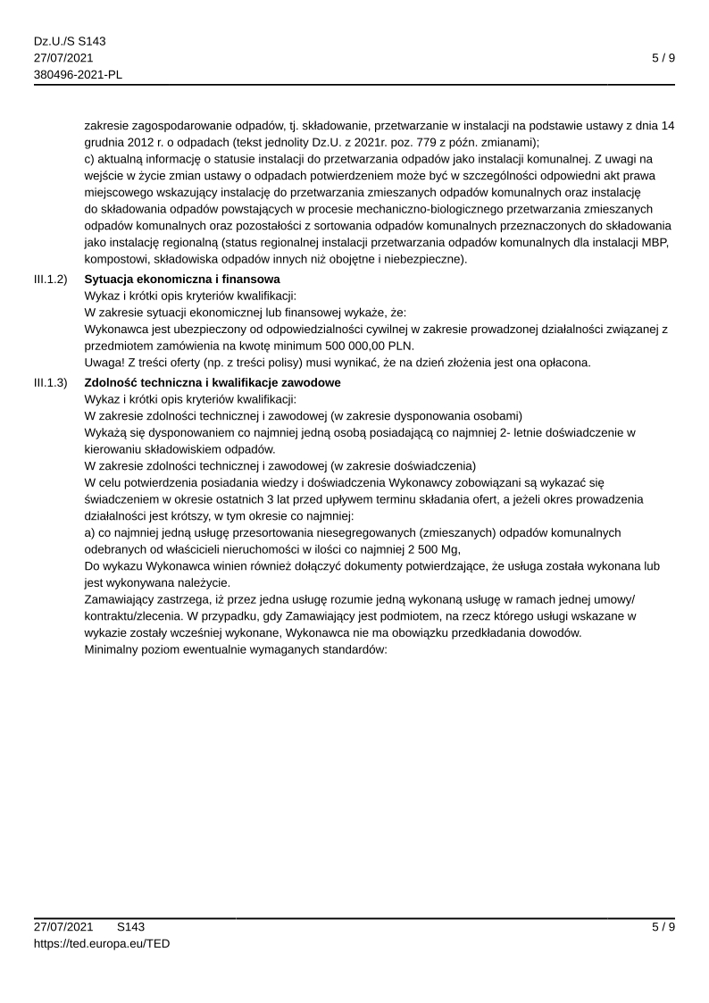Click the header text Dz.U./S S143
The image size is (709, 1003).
63,41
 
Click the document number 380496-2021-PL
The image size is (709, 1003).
79,74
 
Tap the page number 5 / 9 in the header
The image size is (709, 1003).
663,58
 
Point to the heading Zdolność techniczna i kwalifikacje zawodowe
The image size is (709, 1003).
213,383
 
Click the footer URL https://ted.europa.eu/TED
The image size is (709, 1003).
102,943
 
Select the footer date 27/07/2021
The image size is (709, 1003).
63,927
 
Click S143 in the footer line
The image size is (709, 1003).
130,927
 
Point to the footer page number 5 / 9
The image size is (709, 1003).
663,927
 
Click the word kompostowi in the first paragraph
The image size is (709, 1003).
114,259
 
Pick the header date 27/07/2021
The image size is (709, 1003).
63,58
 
